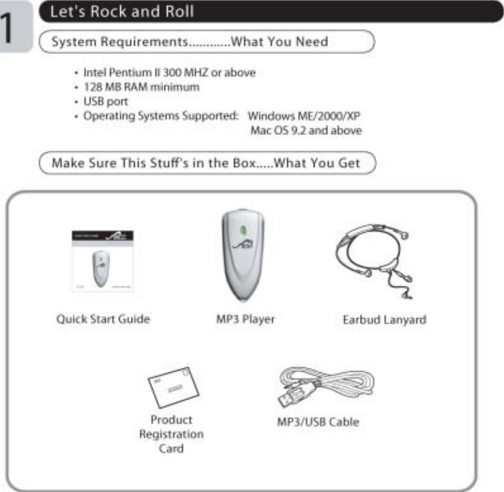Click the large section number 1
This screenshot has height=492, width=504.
(12, 28)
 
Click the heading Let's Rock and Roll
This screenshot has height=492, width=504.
(122, 12)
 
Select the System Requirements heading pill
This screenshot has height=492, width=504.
(206, 42)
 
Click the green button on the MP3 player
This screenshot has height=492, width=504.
(243, 231)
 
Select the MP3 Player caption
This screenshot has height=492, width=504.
(245, 319)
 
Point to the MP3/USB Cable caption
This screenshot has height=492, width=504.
(318, 421)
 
